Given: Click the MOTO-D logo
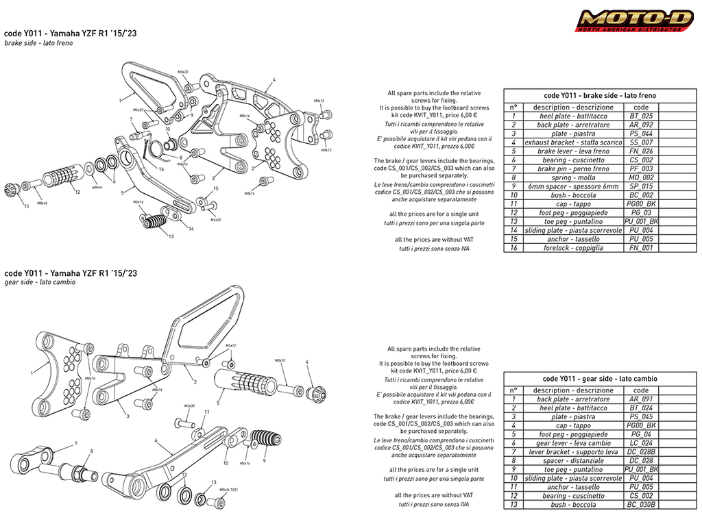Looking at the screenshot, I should coord(635,21).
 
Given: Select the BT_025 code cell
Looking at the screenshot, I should coord(641,116).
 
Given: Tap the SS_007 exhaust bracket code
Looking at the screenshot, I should coord(641,142).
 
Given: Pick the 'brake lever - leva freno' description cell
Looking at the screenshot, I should coord(572,151).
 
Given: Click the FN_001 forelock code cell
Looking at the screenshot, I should coord(641,248).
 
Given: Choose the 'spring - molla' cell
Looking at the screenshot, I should coord(572,177).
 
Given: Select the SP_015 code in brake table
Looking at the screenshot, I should coord(641,186).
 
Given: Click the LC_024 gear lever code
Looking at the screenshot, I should coord(641,443).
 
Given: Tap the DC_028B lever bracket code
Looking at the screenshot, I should coord(641,452).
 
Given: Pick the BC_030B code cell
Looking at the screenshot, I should coord(641,505).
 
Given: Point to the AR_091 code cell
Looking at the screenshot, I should coord(641,399).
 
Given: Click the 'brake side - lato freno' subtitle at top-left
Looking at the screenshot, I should coord(38,43).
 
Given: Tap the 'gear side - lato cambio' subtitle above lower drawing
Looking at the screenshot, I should coord(40,282).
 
